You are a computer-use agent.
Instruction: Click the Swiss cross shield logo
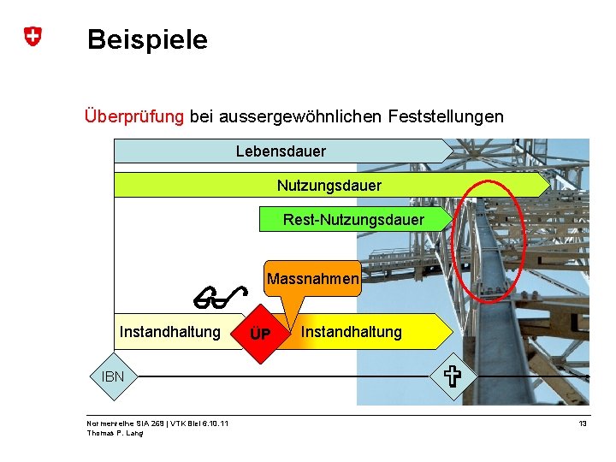point(32,37)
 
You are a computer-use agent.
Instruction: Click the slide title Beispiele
point(147,39)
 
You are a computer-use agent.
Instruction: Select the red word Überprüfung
point(133,115)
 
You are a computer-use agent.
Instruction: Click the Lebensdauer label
point(281,151)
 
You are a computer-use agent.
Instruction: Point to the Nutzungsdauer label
point(329,185)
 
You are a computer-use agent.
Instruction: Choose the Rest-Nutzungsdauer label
point(353,220)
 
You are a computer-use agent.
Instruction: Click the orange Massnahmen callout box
point(312,279)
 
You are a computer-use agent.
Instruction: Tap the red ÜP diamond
point(260,332)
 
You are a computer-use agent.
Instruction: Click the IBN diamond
point(113,376)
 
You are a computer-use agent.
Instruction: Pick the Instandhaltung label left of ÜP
point(169,332)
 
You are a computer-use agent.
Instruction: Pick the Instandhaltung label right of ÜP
point(351,332)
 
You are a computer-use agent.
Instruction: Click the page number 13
point(583,423)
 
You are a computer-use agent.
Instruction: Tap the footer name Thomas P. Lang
point(115,433)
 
